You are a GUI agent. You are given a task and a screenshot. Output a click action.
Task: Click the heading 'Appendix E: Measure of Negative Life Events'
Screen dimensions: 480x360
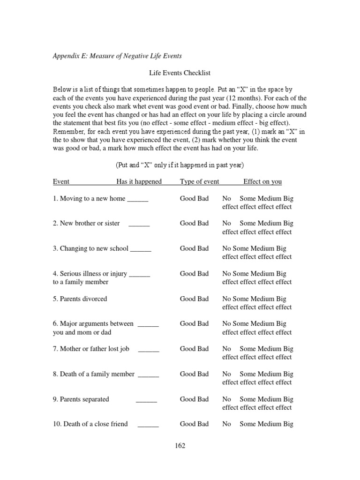(117, 56)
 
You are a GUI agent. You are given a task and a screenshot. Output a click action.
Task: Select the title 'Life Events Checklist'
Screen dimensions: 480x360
(180, 73)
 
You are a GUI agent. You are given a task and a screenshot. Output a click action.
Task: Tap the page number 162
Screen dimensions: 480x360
(180, 446)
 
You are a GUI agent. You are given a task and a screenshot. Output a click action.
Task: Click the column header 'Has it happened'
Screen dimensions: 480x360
(139, 182)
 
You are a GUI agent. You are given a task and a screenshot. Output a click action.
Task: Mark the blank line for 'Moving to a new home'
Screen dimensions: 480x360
(137, 199)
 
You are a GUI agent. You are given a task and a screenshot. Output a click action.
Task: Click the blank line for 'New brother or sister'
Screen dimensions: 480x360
(139, 224)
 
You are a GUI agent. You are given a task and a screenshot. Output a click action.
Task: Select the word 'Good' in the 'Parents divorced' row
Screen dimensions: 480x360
(187, 299)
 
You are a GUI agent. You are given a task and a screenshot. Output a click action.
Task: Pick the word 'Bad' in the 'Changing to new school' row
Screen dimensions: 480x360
(203, 248)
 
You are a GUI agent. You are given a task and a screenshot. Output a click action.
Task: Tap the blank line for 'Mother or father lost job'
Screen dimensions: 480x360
(149, 349)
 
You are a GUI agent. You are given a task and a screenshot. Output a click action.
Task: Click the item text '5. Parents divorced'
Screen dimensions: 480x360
(80, 299)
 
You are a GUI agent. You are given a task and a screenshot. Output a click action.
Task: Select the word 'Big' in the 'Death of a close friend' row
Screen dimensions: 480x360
(287, 424)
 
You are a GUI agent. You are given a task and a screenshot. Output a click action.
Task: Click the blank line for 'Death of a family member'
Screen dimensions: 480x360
(148, 375)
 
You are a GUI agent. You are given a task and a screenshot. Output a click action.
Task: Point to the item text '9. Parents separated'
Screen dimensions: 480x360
(81, 399)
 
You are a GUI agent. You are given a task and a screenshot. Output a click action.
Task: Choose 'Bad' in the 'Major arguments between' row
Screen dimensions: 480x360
(203, 323)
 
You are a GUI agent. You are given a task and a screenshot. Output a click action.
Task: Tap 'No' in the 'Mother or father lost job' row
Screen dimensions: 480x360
(227, 349)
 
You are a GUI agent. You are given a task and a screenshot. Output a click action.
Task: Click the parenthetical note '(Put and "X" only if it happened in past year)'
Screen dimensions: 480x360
(180, 165)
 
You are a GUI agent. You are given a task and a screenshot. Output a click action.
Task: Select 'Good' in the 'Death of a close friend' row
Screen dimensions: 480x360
(187, 424)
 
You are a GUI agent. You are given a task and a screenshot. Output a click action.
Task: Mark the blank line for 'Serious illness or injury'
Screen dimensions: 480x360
(139, 274)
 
